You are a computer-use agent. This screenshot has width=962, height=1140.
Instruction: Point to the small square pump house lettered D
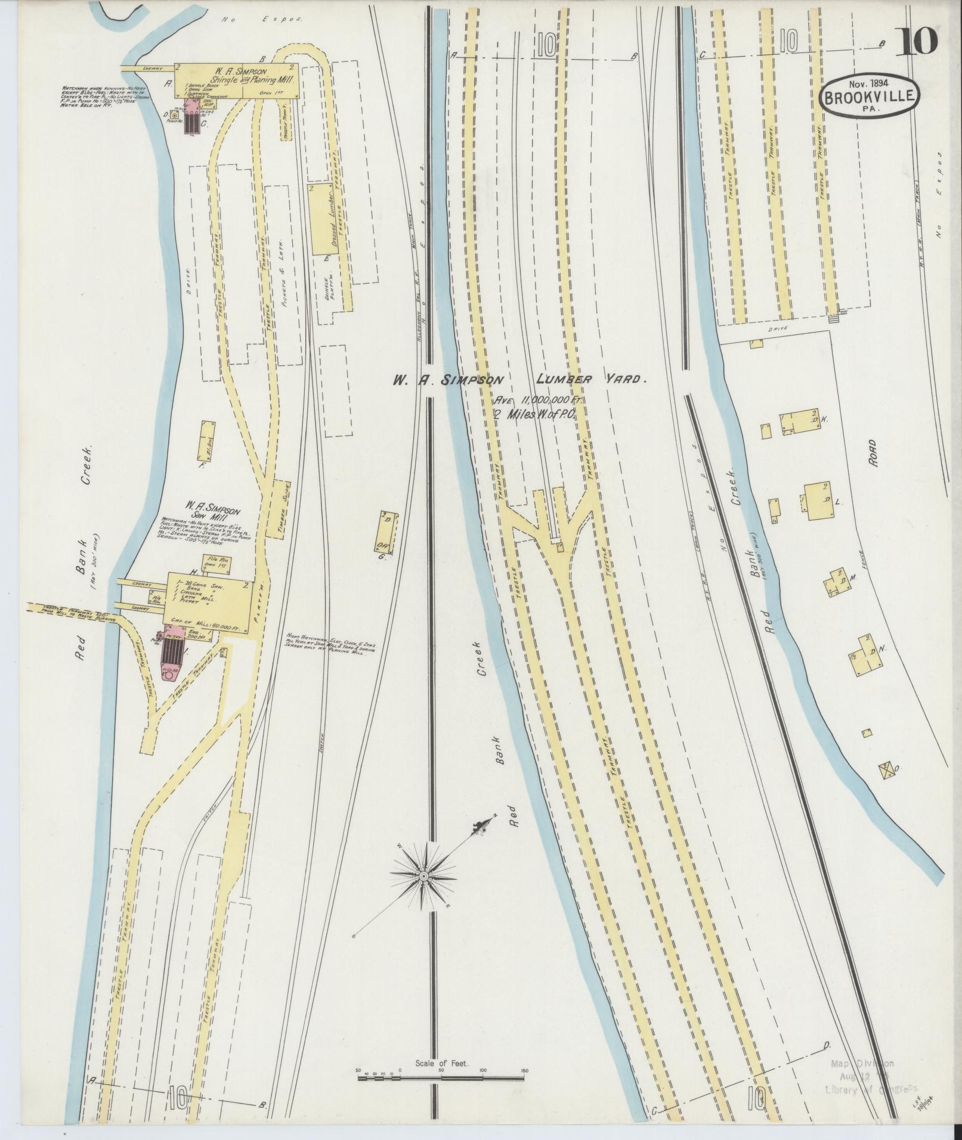(174, 116)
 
